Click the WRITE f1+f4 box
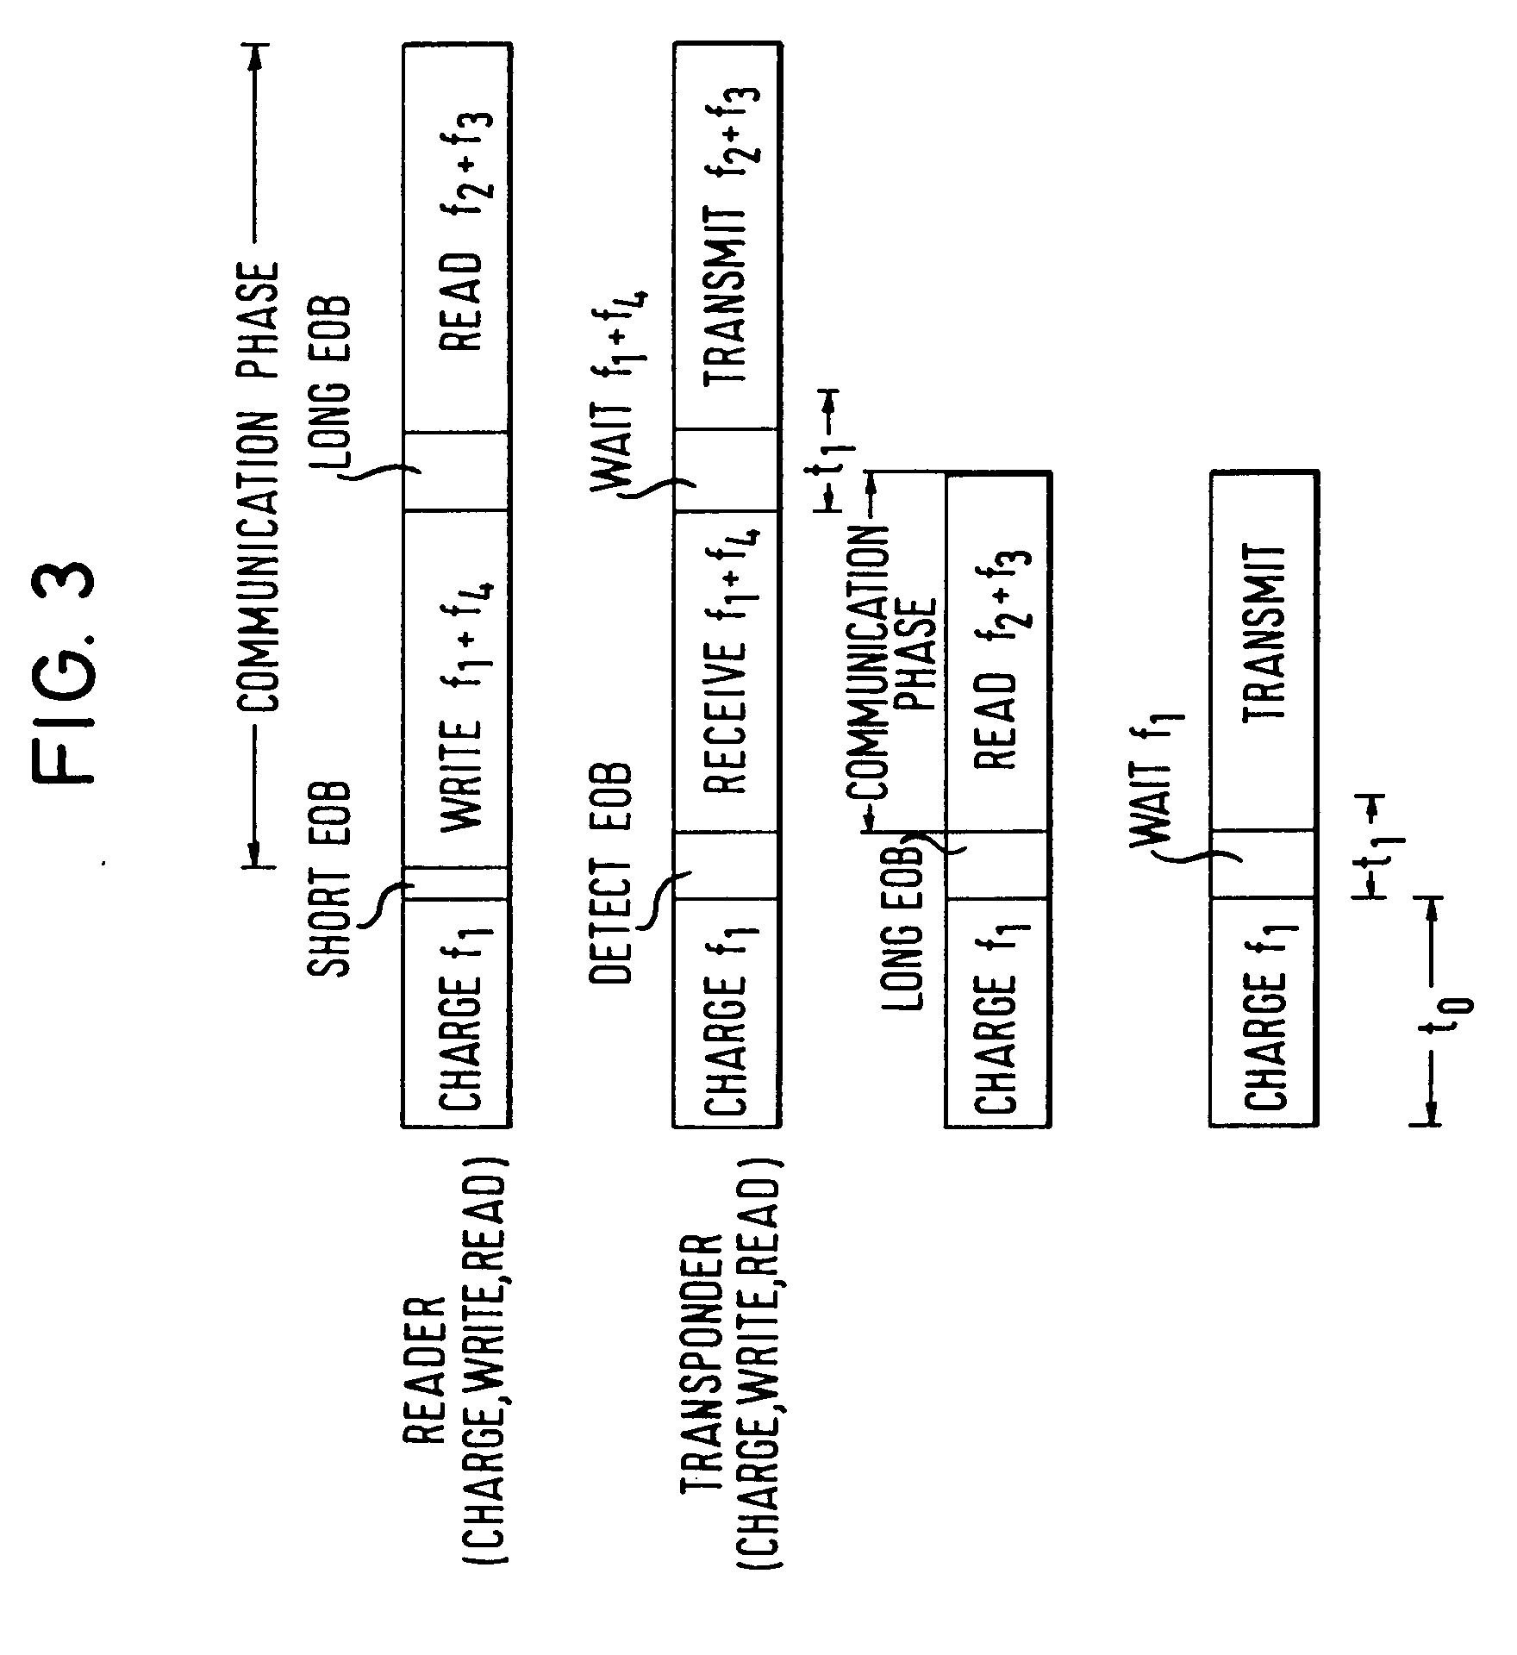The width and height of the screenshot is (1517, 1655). tap(456, 689)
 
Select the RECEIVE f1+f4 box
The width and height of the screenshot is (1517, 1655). tap(727, 672)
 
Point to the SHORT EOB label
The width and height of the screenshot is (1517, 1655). tap(330, 879)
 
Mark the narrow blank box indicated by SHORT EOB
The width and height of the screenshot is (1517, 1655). tap(456, 884)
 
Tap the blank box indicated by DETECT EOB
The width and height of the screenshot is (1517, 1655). tap(727, 866)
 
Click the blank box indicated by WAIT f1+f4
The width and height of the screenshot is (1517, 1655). tap(727, 472)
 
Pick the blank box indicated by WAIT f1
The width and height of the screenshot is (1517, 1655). tap(1263, 865)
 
